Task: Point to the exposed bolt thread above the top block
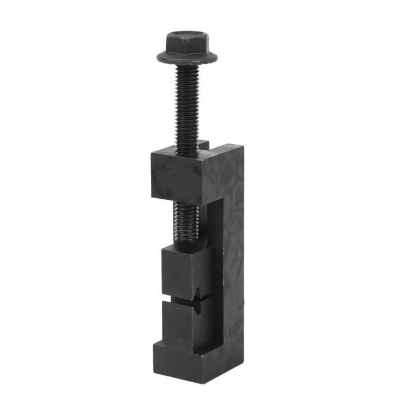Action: click(x=186, y=107)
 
